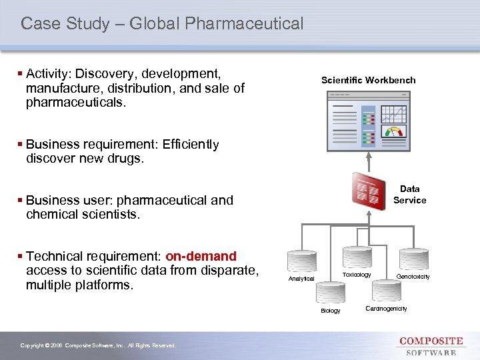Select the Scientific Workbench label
(368, 80)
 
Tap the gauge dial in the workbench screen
(395, 131)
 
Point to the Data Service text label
(409, 194)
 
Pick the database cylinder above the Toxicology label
(357, 257)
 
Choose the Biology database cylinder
(330, 292)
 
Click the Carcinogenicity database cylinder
(386, 291)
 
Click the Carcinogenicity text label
(386, 309)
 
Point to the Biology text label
(330, 311)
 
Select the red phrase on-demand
(201, 256)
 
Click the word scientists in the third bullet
(117, 215)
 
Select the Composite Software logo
(431, 346)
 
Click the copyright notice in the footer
(98, 345)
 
